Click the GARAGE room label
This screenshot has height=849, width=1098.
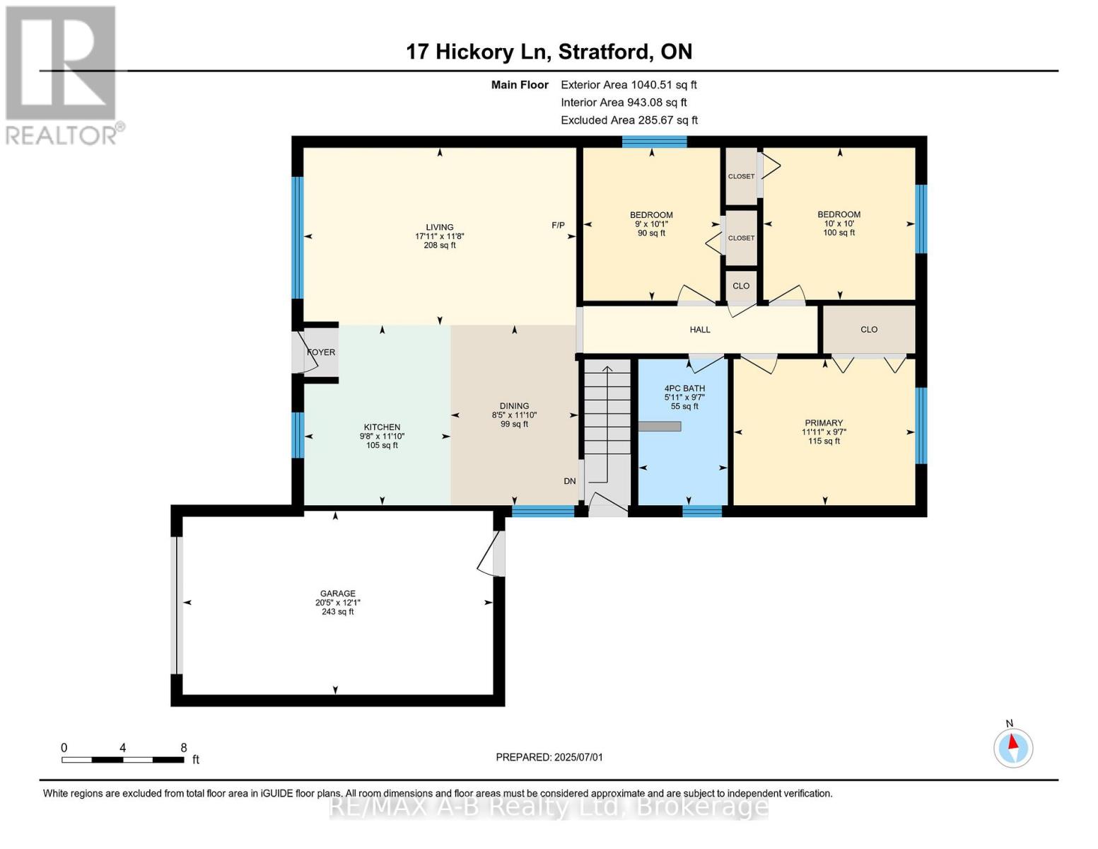(337, 593)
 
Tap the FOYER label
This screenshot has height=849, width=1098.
(322, 352)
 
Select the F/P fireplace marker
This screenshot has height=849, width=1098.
(558, 225)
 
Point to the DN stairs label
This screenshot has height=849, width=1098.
(569, 481)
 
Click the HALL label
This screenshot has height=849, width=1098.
(700, 330)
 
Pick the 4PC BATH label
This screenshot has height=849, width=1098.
(684, 388)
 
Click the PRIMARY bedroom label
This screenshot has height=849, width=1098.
(824, 422)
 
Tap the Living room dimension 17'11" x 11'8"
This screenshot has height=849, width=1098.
(440, 236)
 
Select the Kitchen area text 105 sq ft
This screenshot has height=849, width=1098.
(382, 446)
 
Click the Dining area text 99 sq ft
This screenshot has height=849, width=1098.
(515, 424)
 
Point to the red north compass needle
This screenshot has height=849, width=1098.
(1012, 742)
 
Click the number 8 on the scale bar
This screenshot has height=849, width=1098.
(184, 748)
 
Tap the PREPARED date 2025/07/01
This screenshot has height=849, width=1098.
(578, 757)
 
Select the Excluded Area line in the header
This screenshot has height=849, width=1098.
(629, 120)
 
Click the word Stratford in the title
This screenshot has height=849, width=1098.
(605, 52)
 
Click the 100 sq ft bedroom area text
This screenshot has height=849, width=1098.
(839, 233)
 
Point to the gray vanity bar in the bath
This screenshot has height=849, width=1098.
(660, 427)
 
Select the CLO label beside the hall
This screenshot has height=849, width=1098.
(869, 330)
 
